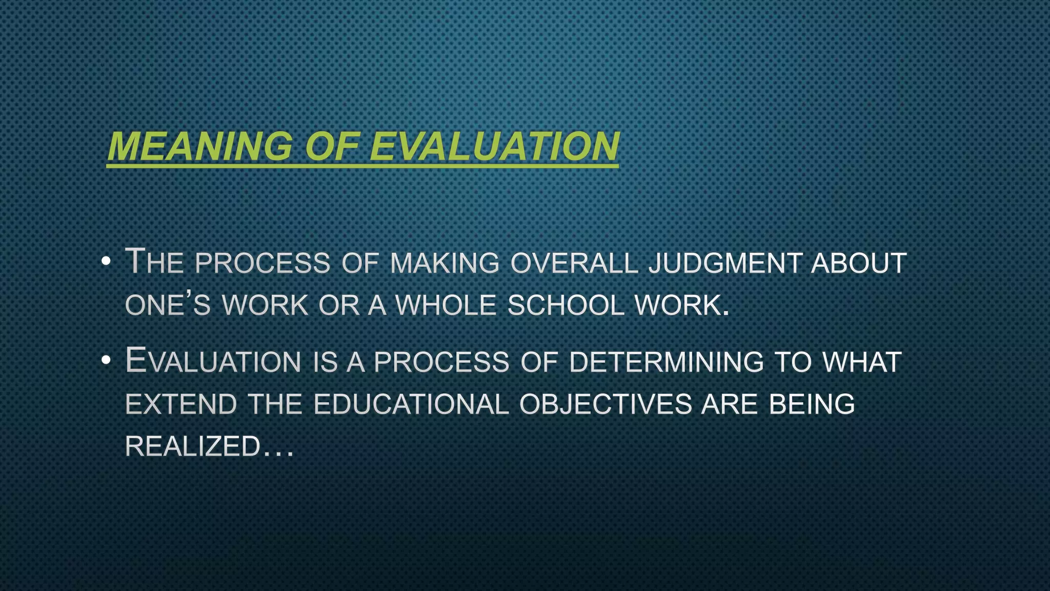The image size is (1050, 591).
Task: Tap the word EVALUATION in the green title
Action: point(494,147)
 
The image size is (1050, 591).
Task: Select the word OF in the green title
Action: point(331,147)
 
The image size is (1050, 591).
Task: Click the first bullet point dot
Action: point(106,262)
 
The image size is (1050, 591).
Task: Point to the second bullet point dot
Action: point(106,361)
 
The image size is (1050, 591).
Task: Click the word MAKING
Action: point(445,263)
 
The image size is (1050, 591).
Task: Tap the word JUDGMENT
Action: point(725,263)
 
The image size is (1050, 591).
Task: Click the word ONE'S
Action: point(168,305)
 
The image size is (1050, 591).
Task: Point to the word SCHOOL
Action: point(566,305)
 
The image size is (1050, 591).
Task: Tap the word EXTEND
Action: point(181,404)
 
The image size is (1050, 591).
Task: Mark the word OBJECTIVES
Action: point(605,404)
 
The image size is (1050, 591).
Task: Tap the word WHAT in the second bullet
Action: point(862,362)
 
